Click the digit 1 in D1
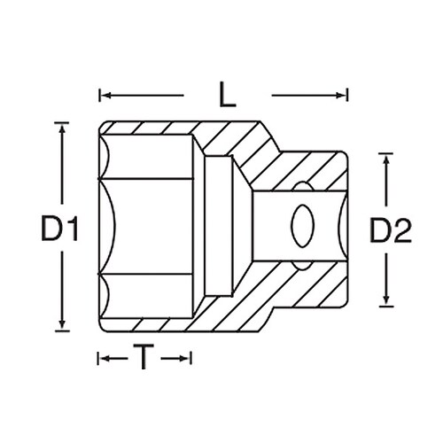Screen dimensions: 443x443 coord(74,231)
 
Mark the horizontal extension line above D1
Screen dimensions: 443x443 coord(62,121)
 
